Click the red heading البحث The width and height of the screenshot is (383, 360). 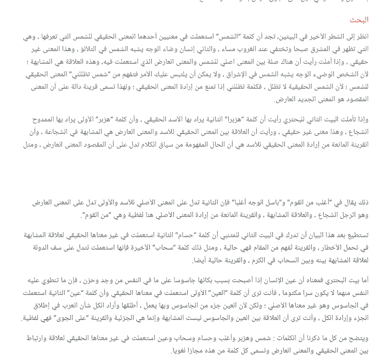tap(359, 20)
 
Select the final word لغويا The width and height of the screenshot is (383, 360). tap(182, 351)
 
